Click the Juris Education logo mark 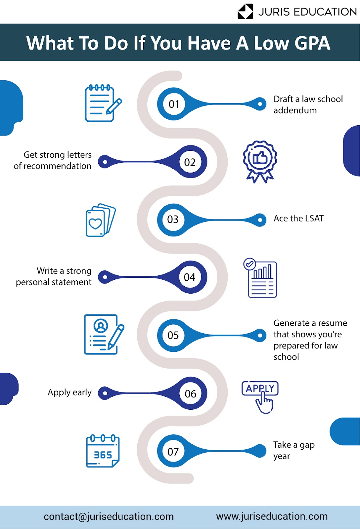click(x=245, y=11)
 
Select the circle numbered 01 click(x=174, y=104)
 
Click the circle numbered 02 click(x=190, y=162)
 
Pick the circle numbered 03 click(x=173, y=220)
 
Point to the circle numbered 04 click(x=190, y=277)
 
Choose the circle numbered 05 click(x=173, y=335)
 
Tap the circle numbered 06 click(x=190, y=393)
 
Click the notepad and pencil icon click(x=103, y=103)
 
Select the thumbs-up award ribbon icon click(x=260, y=162)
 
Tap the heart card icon click(x=101, y=220)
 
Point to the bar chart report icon click(x=260, y=278)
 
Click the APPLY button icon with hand click(x=260, y=397)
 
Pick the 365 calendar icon click(x=103, y=451)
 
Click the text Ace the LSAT click(x=298, y=219)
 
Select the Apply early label click(x=69, y=392)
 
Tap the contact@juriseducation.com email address click(x=109, y=516)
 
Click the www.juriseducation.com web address click(x=272, y=516)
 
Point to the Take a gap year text click(x=294, y=450)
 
